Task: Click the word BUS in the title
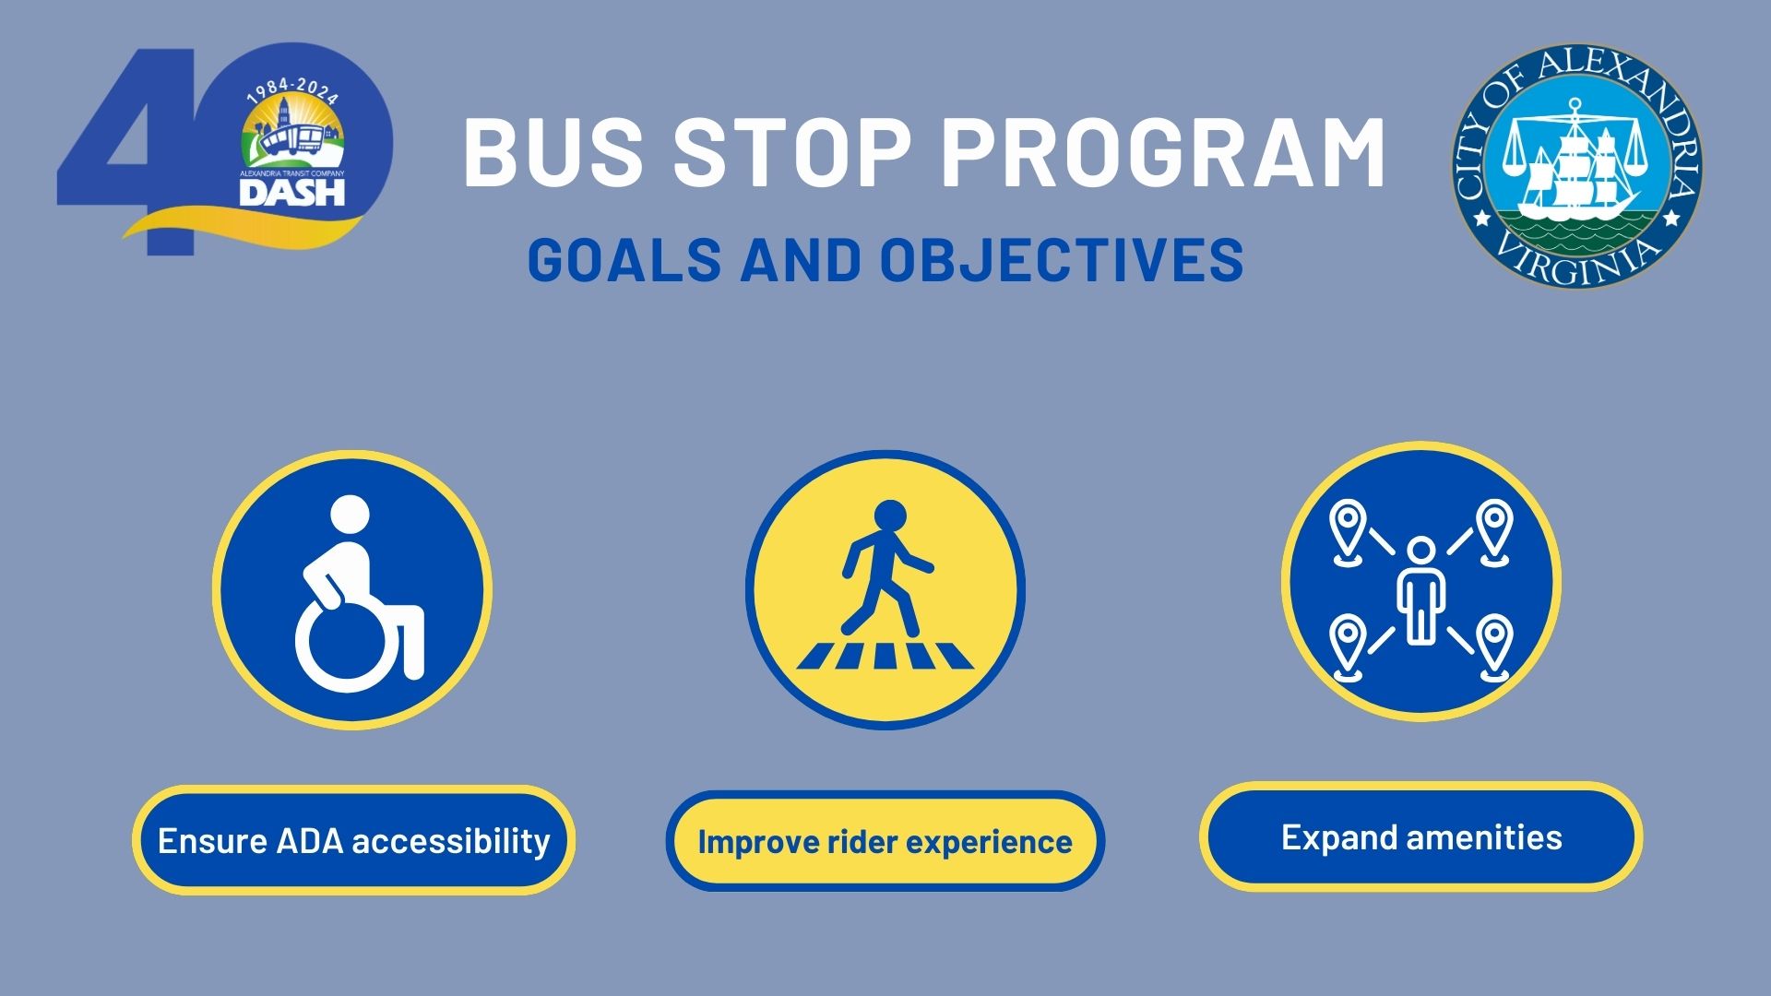[552, 151]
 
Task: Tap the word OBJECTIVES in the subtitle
[1062, 259]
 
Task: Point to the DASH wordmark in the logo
[291, 191]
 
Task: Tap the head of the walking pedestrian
[889, 517]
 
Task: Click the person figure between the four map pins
[1420, 590]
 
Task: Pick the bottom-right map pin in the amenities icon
[1493, 647]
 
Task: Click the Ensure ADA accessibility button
[353, 840]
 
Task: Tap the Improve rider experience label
[885, 841]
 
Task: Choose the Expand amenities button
[1420, 836]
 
